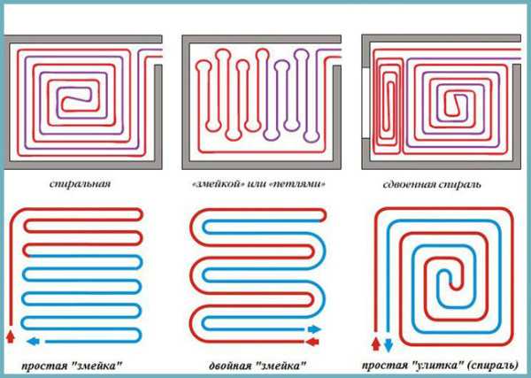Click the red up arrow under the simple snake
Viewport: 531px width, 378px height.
11,336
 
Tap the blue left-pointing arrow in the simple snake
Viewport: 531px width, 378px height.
33,341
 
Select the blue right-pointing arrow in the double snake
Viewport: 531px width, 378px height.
314,329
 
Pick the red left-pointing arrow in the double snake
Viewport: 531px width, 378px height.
312,342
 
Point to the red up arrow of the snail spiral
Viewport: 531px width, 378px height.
376,343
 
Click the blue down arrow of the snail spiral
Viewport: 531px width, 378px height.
389,345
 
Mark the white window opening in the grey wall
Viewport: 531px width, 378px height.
366,103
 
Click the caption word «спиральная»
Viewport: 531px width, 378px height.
80,184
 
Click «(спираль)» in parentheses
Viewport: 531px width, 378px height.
493,366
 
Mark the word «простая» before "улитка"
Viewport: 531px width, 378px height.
385,366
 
